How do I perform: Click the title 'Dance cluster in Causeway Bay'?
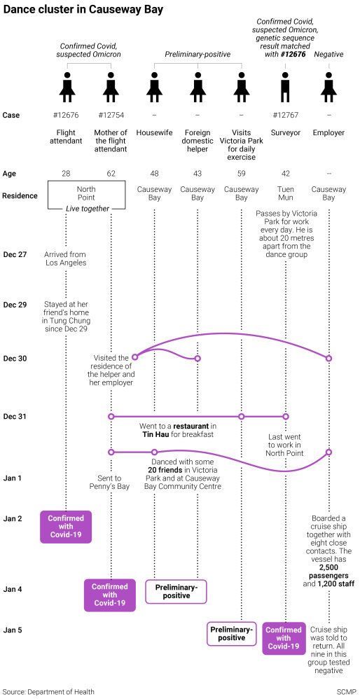[83, 10]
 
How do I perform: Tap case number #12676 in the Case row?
[66, 115]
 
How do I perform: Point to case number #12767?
[285, 115]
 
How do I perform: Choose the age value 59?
[241, 173]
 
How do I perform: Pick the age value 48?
[154, 173]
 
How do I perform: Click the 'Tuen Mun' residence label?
[285, 193]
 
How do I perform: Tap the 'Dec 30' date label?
[15, 359]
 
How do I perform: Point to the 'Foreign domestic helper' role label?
[198, 141]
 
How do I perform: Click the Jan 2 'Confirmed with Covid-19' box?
[66, 527]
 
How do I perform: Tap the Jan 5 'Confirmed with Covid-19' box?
[284, 638]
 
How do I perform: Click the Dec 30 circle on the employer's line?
[328, 359]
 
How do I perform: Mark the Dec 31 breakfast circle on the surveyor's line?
[285, 416]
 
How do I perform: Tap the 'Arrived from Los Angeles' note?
[66, 258]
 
